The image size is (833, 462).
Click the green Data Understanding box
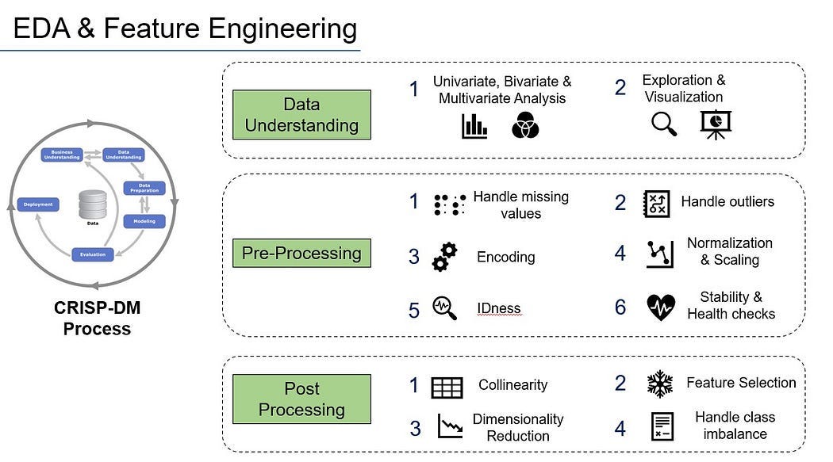point(301,115)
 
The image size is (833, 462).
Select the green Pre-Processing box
point(301,254)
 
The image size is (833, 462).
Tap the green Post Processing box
point(301,399)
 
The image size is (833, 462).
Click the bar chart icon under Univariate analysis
point(474,125)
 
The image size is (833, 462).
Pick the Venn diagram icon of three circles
point(525,125)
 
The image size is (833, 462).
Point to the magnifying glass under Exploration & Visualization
point(663,124)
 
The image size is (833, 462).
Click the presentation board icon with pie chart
point(716,124)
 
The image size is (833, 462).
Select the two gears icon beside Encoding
point(445,257)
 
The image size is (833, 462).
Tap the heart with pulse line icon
point(661,307)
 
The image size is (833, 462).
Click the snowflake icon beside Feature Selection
point(660,384)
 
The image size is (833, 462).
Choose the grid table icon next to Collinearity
point(447,387)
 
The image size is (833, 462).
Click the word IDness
point(499,308)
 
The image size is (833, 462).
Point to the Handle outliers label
point(727,202)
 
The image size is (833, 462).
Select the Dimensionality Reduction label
point(518,427)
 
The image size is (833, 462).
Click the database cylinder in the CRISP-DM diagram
point(92,205)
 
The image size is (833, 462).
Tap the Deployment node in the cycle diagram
point(38,204)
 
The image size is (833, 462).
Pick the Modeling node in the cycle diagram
point(144,221)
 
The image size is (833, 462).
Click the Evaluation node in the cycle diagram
point(92,254)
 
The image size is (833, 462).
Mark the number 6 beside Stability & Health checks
point(620,307)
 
